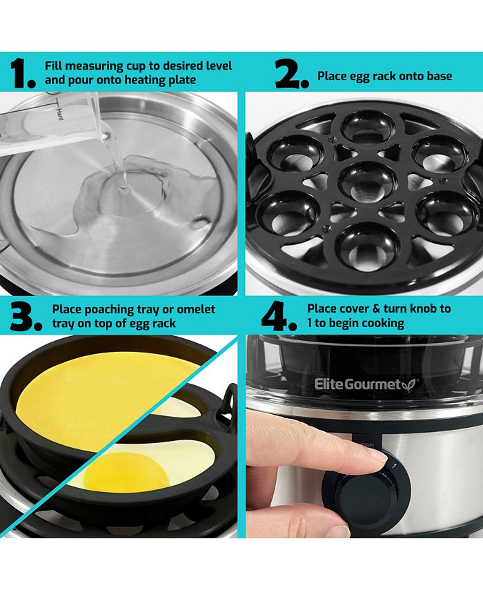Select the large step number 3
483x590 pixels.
click(25, 316)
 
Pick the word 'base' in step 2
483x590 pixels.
click(439, 76)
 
